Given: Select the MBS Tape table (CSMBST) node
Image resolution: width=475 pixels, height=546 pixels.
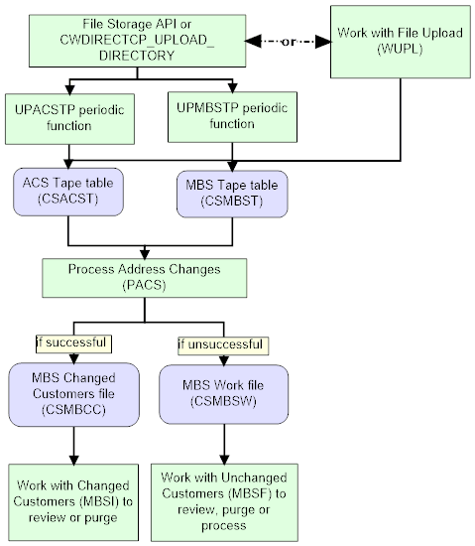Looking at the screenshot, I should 231,190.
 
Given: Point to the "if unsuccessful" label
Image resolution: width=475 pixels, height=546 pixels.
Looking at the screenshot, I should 221,344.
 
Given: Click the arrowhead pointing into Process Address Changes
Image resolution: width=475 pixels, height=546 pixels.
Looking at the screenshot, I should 145,254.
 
